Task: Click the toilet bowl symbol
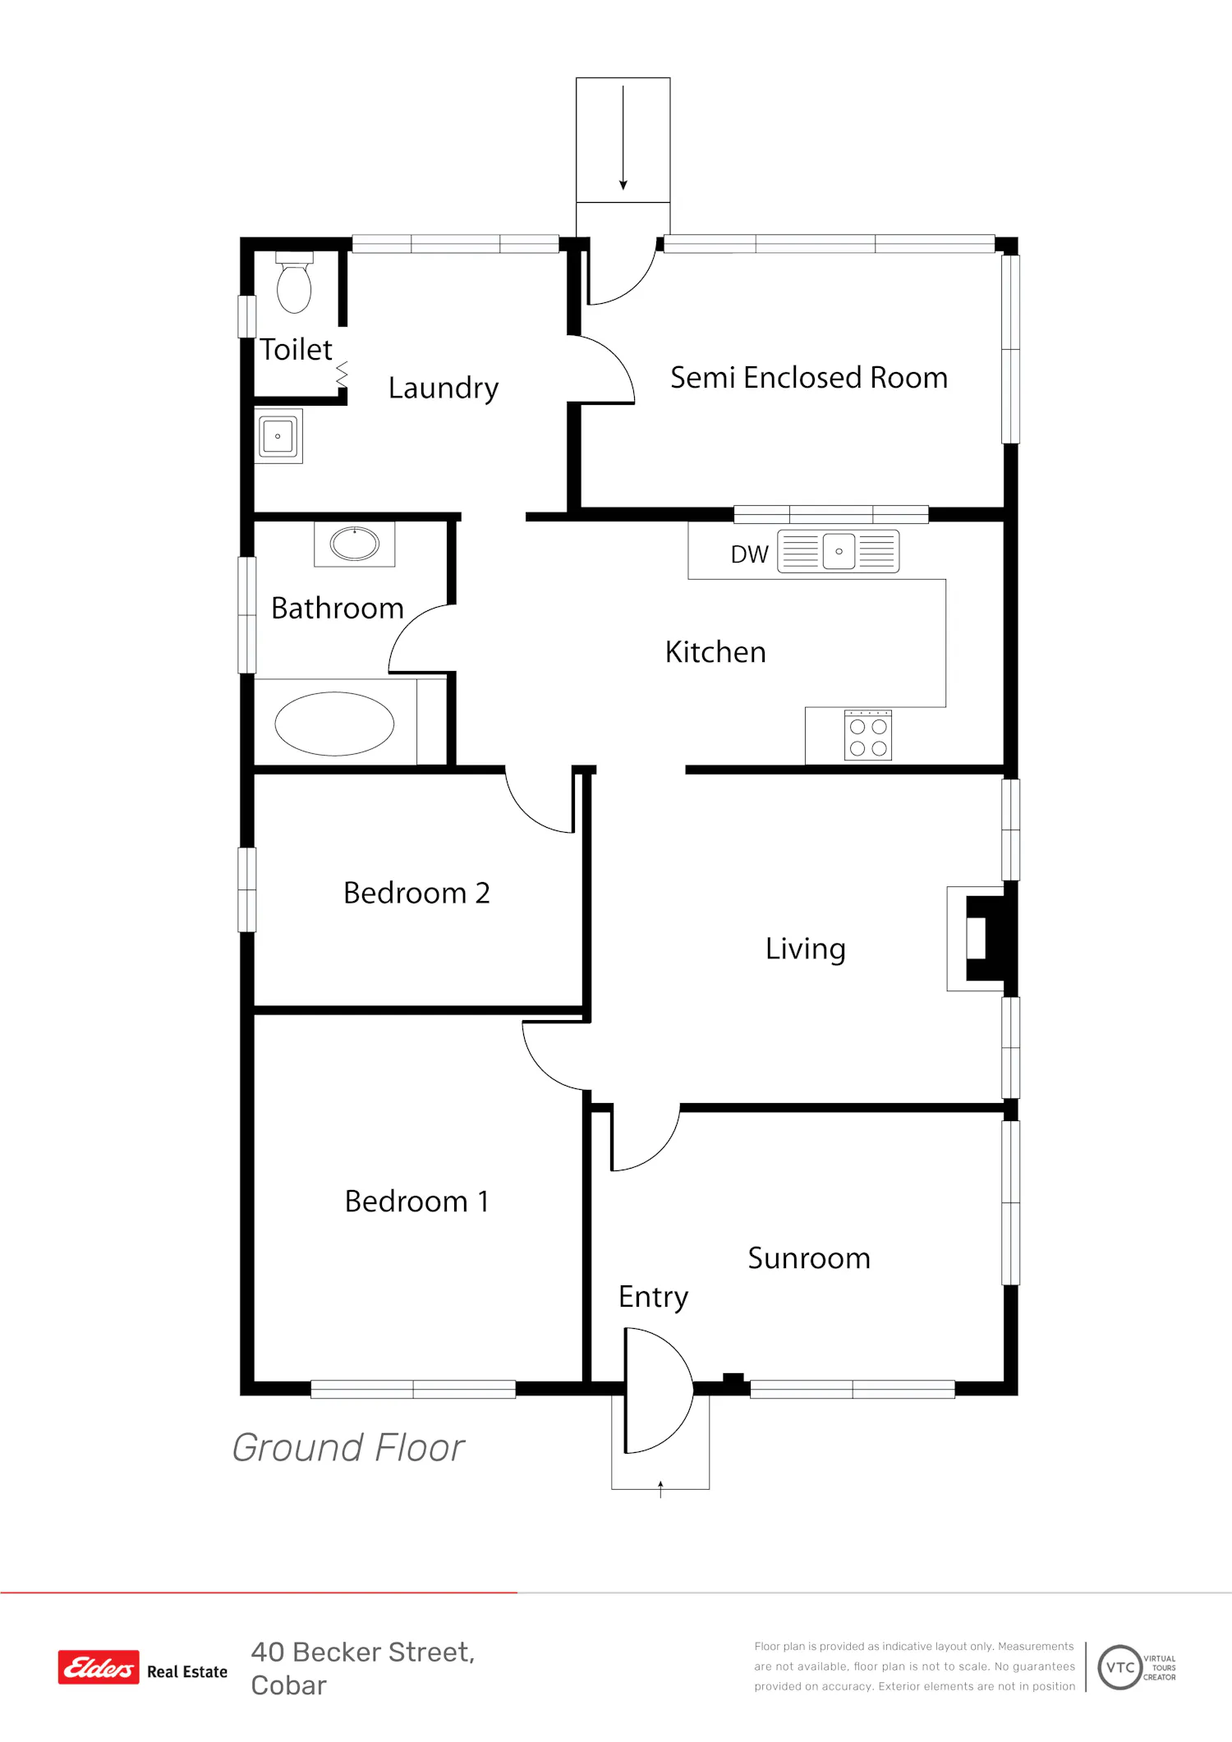(x=294, y=283)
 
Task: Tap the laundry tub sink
(x=278, y=436)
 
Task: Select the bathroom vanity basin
(x=355, y=543)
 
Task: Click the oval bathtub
(x=334, y=724)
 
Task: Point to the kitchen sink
(x=839, y=551)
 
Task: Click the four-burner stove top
(x=868, y=735)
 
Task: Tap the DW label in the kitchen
(x=749, y=554)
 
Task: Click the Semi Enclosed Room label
(x=809, y=378)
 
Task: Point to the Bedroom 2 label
(x=416, y=893)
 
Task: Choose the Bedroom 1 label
(x=416, y=1202)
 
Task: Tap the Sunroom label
(x=809, y=1258)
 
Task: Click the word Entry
(x=653, y=1298)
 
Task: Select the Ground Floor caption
(x=348, y=1447)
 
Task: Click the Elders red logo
(x=99, y=1667)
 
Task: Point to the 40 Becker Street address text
(x=363, y=1668)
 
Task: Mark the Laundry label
(x=444, y=388)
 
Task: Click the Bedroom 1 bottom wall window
(x=413, y=1389)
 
